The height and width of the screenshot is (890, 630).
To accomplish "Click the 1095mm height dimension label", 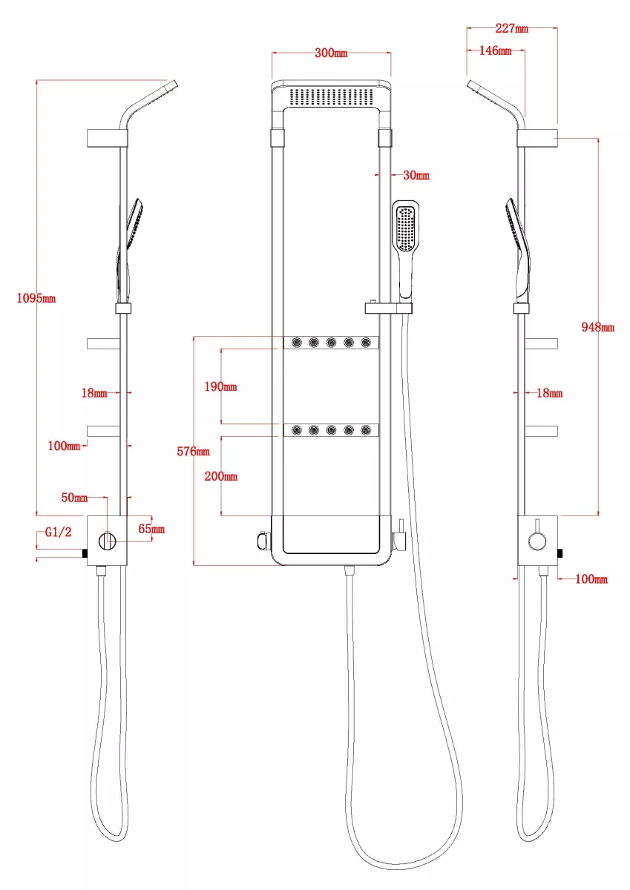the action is tap(36, 298).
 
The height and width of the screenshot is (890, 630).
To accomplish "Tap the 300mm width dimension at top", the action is tap(331, 53).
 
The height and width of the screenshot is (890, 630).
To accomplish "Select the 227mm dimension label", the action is tap(511, 28).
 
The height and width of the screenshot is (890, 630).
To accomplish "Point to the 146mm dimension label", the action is tap(495, 50).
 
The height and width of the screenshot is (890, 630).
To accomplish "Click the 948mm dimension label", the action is tap(598, 327).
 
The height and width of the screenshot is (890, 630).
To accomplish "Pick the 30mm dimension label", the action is tap(416, 175).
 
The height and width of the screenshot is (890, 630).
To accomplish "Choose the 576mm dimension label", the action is tap(193, 452).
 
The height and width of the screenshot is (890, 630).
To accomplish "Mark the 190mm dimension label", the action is tap(220, 386).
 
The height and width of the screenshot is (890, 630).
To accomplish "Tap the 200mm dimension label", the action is tap(220, 476).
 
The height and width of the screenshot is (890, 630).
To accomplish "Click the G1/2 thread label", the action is tap(58, 532).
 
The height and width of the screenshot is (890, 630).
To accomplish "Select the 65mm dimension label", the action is tap(151, 529).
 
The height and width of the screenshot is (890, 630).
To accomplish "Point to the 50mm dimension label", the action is tap(74, 498).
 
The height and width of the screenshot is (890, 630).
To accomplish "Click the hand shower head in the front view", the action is tap(405, 228).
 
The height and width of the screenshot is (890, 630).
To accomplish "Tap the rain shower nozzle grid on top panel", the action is tap(331, 96).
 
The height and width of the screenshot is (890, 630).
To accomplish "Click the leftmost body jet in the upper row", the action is tap(297, 342).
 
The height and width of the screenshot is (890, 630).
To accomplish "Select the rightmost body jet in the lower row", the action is tap(366, 430).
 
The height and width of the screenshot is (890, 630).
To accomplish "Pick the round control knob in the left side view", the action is tap(108, 541).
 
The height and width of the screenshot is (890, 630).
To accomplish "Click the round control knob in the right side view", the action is tap(537, 541).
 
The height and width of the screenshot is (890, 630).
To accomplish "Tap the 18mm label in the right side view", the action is tap(550, 393).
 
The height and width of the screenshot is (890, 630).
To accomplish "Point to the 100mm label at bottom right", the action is tap(591, 579).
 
